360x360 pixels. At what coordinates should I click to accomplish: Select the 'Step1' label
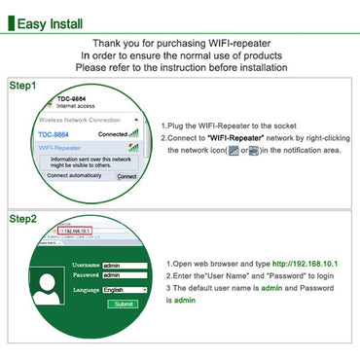click(x=22, y=86)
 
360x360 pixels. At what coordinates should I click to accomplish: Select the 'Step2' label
click(x=22, y=219)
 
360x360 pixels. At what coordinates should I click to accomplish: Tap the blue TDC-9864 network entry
click(x=54, y=133)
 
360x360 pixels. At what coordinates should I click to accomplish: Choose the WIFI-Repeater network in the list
click(x=61, y=147)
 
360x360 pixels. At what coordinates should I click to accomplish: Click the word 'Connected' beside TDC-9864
click(x=113, y=133)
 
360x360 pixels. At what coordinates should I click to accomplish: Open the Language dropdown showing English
click(x=124, y=289)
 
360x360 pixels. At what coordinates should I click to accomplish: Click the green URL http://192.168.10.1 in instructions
click(x=300, y=264)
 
